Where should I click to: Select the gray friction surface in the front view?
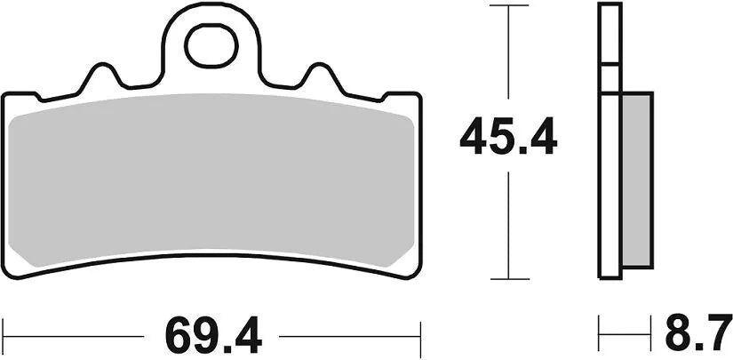coord(211,178)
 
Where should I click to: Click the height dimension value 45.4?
coord(507,139)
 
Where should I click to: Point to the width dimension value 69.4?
coord(211,337)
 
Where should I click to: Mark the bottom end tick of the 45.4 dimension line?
coord(507,278)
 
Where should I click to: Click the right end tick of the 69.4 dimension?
coord(419,337)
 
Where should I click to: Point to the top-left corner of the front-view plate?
coord(5,93)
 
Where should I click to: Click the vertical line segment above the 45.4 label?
coord(507,53)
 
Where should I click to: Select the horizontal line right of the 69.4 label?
coord(347,337)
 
